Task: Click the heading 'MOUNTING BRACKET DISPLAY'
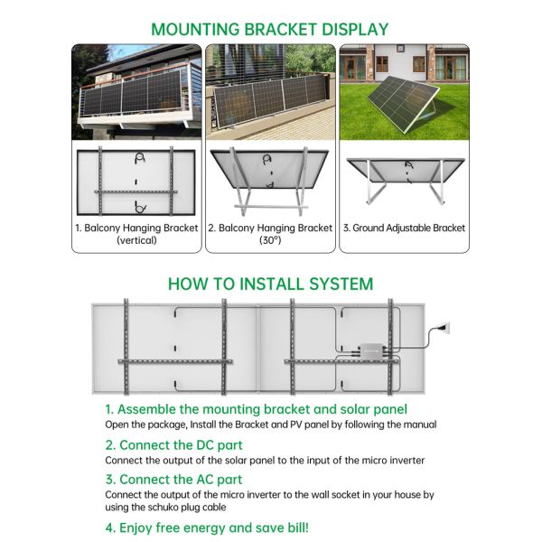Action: coord(270,29)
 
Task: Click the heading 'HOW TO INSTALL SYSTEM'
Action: coord(270,284)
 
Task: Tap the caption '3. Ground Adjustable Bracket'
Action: coord(405,228)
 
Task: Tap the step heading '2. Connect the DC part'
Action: coord(173,444)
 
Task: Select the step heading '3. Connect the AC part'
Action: coord(173,479)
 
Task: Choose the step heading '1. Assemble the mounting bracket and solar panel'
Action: coord(256,409)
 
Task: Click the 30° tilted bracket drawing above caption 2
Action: coord(270,179)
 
